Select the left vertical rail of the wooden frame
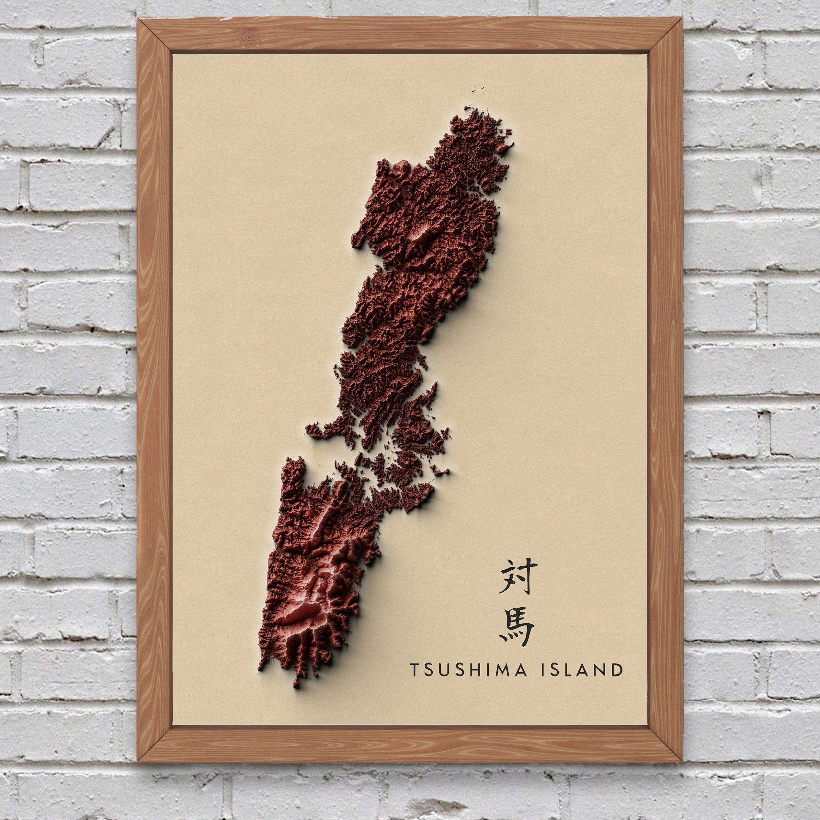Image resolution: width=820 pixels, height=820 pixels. click(154, 382)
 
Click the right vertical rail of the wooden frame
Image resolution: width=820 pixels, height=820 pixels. click(666, 382)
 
